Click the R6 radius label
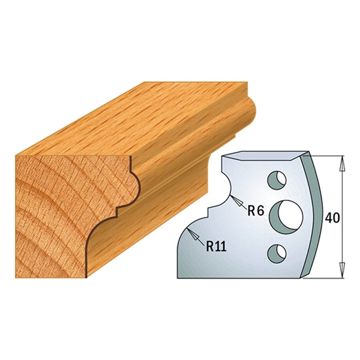tap(256, 211)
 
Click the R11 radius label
tap(216, 247)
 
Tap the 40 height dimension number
tap(333, 218)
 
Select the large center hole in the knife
tap(286, 217)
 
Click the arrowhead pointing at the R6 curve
tap(237, 201)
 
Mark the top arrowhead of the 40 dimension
tap(342, 164)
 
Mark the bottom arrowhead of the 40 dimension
tap(342, 270)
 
